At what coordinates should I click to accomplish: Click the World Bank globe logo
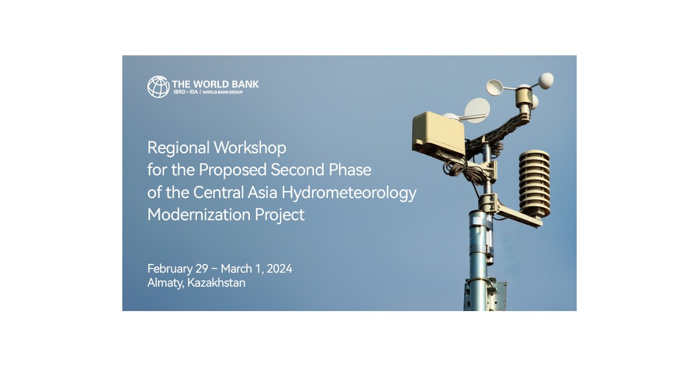[158, 86]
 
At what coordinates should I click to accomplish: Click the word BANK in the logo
[245, 84]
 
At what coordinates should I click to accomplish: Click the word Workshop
[250, 148]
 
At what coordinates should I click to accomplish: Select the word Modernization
[199, 214]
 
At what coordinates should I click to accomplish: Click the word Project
[280, 215]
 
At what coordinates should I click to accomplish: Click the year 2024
[277, 269]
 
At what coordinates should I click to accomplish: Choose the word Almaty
[165, 283]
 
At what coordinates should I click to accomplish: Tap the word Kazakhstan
[217, 283]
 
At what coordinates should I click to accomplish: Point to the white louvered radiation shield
[534, 183]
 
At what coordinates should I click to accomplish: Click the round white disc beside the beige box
[478, 110]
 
